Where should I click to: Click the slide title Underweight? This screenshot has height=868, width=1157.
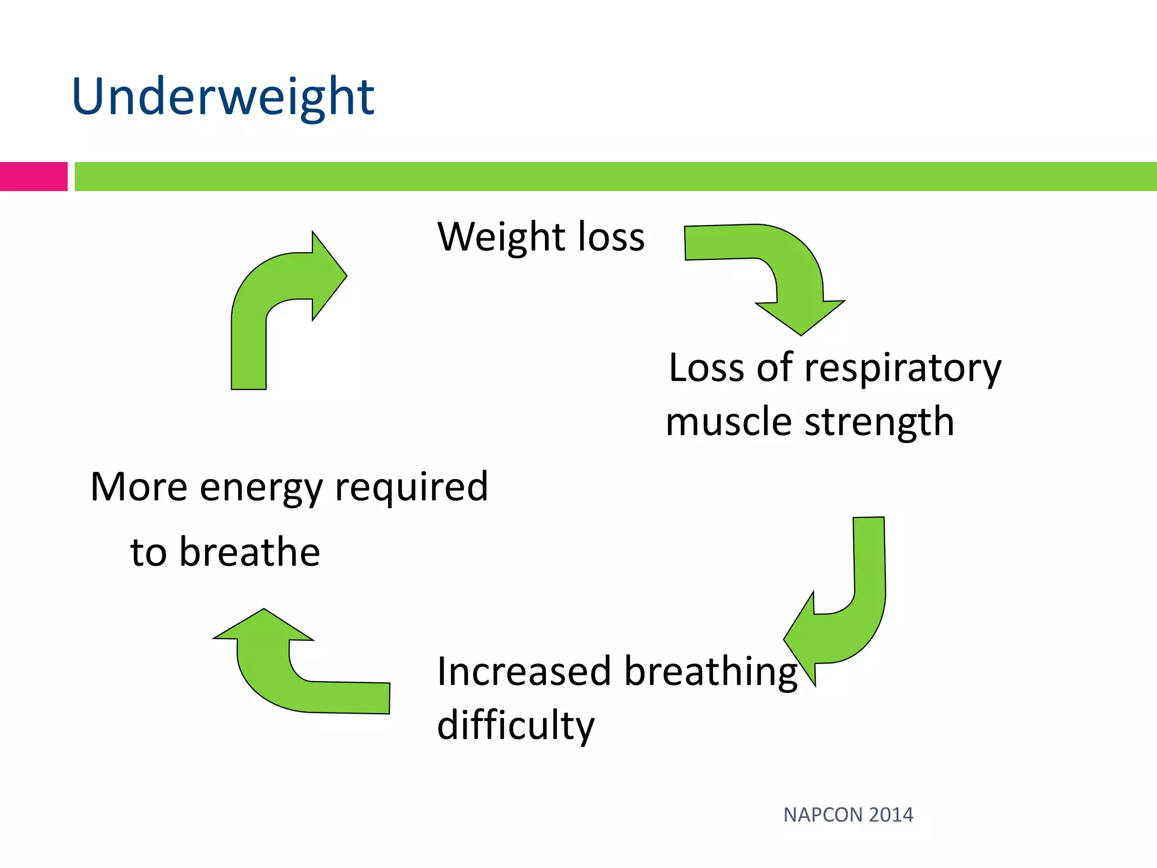(x=223, y=97)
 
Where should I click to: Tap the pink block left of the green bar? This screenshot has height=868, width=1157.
(x=33, y=176)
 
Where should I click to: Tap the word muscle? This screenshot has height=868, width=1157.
(x=728, y=422)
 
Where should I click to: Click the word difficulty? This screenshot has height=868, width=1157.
(x=515, y=727)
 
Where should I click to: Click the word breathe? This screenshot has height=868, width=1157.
(x=249, y=552)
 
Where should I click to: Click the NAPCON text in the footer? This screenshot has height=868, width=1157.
(x=823, y=815)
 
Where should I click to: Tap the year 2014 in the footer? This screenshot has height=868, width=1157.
(x=891, y=815)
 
